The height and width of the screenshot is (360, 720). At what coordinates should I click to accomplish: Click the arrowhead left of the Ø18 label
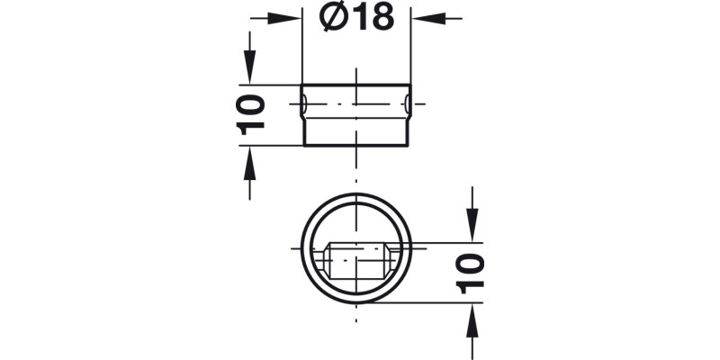tap(291, 17)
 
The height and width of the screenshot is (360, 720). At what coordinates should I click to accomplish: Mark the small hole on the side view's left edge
tap(304, 105)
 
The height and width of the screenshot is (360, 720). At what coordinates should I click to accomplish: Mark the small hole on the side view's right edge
tap(409, 105)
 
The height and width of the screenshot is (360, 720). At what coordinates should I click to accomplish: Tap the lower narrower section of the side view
tap(356, 133)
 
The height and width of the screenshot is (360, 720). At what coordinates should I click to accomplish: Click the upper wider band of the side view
tap(356, 95)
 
